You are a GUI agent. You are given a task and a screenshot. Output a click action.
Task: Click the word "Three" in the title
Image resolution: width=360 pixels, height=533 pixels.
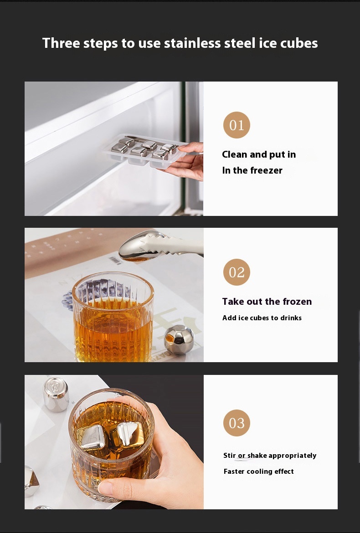pos(61,43)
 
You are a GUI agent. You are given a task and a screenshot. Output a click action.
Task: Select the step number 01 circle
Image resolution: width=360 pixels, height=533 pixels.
pos(237,125)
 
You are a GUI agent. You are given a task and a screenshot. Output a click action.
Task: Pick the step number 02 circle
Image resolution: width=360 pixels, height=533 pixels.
pos(237,272)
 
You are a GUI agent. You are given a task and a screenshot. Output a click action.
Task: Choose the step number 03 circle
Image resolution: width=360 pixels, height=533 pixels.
pos(237,423)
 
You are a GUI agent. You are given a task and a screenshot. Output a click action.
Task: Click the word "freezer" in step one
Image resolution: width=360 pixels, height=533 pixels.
pos(266,170)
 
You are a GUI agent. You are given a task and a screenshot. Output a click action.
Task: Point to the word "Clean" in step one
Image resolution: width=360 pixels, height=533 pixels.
pos(235,154)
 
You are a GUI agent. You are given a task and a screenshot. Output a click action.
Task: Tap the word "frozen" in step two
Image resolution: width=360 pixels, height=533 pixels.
pos(297,302)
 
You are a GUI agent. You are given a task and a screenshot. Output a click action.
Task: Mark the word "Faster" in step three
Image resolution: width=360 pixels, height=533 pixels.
pos(234,471)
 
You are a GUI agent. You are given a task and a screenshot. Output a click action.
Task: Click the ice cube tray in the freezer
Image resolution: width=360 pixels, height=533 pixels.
pos(144,152)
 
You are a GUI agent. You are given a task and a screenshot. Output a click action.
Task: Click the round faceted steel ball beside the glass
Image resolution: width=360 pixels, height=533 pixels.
pos(179,339)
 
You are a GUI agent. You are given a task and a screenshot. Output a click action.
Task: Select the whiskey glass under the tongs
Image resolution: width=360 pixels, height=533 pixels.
pos(113,317)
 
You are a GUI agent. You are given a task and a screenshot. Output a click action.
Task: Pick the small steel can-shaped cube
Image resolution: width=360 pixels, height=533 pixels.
pos(56,394)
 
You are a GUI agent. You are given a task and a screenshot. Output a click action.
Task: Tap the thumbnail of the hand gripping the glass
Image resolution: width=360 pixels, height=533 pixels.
pos(106,488)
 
